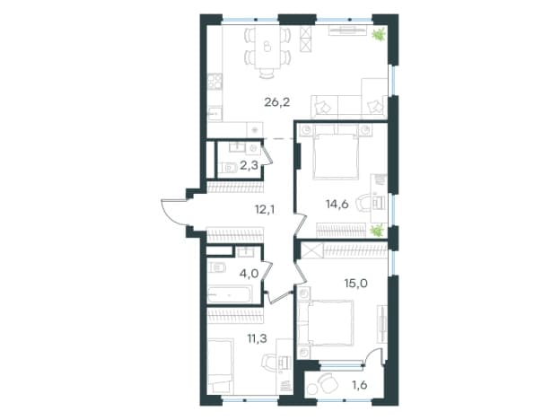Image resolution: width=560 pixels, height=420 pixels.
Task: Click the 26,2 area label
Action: [x=276, y=103]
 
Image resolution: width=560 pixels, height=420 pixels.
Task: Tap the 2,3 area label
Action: [x=249, y=166]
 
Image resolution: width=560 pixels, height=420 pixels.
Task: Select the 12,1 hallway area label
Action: [x=265, y=210]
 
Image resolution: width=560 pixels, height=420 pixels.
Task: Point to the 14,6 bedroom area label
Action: [x=337, y=205]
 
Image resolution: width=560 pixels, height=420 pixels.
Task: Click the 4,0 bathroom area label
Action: [x=249, y=274]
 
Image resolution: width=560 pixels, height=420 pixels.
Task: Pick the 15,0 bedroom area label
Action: [x=356, y=284]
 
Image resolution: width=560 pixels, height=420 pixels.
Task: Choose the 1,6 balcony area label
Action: [x=359, y=385]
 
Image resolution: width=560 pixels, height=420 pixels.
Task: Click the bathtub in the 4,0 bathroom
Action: [x=230, y=294]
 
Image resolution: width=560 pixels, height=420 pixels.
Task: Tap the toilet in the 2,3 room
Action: [x=229, y=168]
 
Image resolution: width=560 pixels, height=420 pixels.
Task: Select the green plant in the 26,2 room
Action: [x=378, y=35]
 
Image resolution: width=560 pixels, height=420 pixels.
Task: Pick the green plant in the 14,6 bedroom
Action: [x=377, y=231]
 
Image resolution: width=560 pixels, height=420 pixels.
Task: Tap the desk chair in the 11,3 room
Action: [x=268, y=362]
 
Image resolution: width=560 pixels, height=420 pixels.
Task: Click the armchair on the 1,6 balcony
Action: [x=328, y=383]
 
